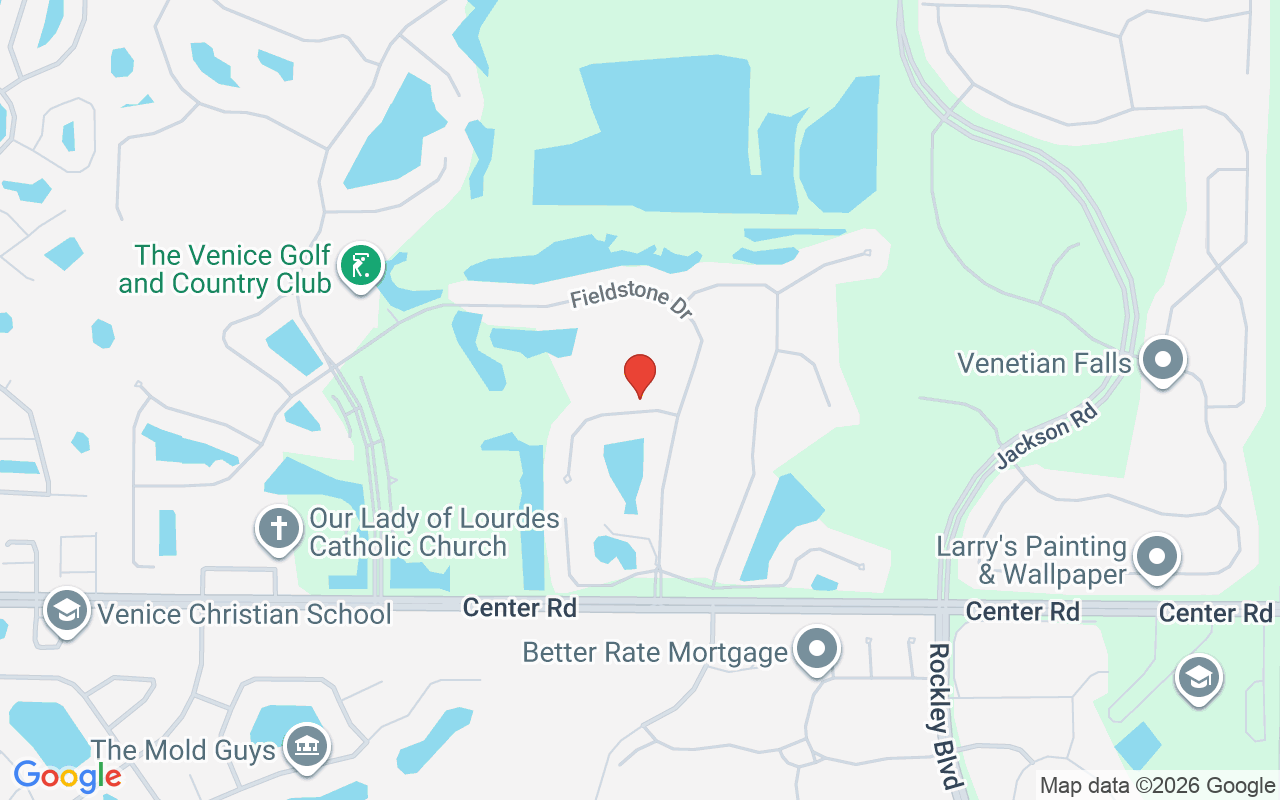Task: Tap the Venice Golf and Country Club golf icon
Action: tap(361, 266)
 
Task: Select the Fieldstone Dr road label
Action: tap(632, 303)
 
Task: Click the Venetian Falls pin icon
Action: tap(1162, 359)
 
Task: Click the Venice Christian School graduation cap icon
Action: tap(66, 610)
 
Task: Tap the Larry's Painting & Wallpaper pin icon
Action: tap(1157, 557)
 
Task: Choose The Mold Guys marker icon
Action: tap(307, 745)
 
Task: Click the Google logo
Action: tap(67, 776)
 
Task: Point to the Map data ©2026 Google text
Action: tap(1156, 786)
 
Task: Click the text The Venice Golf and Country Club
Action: tap(225, 270)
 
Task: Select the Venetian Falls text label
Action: tap(1044, 362)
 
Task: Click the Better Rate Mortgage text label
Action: tap(655, 653)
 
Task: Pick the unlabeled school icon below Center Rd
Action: tap(1198, 677)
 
